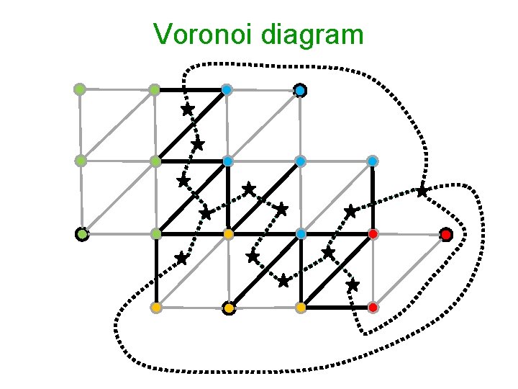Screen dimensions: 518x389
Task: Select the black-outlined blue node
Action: tap(300, 90)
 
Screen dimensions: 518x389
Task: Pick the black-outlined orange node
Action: tap(228, 308)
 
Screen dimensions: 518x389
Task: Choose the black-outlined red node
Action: tap(446, 234)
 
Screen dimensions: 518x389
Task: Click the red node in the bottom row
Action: tap(373, 308)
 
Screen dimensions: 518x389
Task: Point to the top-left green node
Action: tap(80, 89)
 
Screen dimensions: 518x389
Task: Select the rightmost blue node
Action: tap(373, 161)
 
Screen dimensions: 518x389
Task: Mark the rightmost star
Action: tap(422, 191)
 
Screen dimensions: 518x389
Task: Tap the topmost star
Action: tap(187, 109)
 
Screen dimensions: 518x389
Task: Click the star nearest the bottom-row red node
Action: tap(353, 285)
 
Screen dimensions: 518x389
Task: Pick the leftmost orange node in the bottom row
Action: tap(155, 308)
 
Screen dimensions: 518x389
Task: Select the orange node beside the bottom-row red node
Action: tap(301, 308)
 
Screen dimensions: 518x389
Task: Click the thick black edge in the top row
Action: tap(190, 90)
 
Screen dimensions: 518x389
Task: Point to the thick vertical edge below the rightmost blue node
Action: tap(373, 196)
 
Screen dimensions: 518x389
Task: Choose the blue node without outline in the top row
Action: tap(227, 90)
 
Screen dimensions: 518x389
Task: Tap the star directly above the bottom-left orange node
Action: tap(181, 257)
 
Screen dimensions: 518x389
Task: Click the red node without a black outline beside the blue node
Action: tap(373, 234)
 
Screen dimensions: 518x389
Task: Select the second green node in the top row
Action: tap(154, 90)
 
